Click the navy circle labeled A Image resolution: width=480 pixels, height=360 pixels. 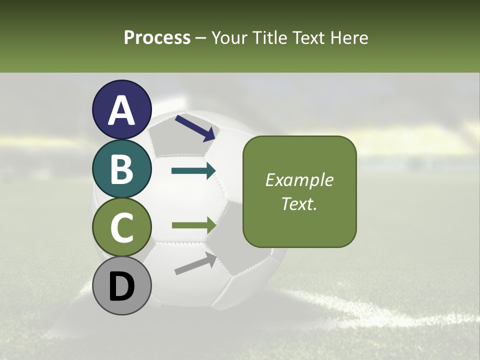click(x=121, y=109)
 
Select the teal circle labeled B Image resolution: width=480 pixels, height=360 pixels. click(x=121, y=168)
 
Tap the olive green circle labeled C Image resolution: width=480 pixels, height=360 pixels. click(x=121, y=227)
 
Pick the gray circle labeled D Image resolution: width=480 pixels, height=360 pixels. click(x=121, y=285)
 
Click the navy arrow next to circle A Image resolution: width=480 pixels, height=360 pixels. click(x=195, y=127)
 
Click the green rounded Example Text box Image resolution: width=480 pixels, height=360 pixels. click(x=299, y=191)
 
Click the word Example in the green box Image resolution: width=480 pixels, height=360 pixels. click(x=299, y=180)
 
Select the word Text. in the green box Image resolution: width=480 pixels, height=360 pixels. click(x=299, y=203)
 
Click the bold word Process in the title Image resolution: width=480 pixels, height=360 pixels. click(x=157, y=37)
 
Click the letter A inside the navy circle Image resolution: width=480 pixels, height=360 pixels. click(x=121, y=110)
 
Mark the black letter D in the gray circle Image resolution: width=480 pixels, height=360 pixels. click(x=121, y=286)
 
